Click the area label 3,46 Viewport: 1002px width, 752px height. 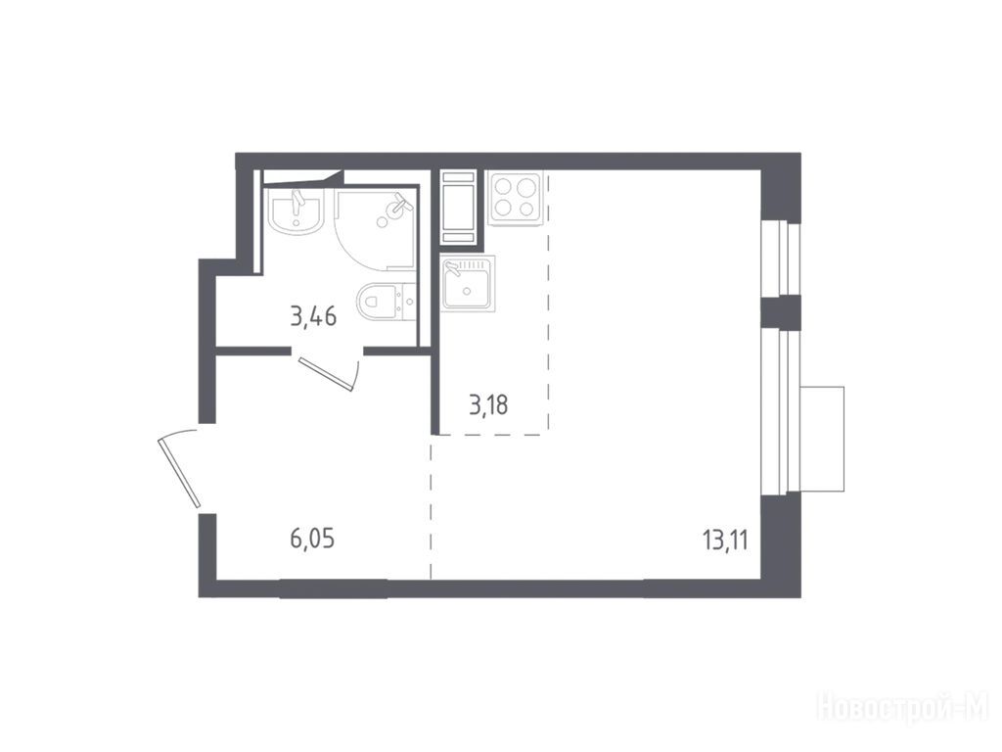313,316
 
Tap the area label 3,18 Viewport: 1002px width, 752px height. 489,404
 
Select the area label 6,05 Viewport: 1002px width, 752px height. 312,540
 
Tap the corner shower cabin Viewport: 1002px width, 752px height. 375,228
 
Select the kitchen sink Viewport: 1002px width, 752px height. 467,283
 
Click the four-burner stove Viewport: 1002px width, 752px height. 515,198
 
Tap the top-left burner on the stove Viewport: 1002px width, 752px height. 503,186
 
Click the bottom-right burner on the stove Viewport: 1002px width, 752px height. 526,209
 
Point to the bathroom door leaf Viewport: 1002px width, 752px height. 325,374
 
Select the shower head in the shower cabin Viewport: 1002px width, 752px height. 399,204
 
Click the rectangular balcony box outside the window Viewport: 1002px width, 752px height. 822,440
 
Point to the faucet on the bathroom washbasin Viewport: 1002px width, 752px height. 296,202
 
